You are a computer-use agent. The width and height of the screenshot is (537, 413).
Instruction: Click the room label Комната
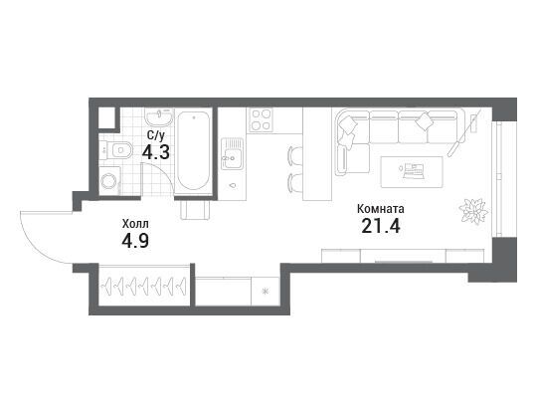coord(381,209)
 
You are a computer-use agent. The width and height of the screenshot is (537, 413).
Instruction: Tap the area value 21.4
coord(381,226)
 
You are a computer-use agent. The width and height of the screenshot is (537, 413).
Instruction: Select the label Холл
coord(135,224)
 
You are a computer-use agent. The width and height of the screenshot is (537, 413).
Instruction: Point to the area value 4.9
coord(135,241)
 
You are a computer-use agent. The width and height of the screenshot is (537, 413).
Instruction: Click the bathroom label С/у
coord(156,135)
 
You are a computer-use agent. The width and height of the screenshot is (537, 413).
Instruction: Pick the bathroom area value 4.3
coord(156,152)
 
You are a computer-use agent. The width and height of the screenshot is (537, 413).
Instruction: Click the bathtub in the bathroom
coord(194,151)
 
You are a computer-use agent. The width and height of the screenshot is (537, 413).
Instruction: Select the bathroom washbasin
coord(159,117)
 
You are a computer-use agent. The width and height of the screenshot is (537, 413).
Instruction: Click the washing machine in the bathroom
coord(109,181)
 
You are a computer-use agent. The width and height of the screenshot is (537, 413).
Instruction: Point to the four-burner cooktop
coord(261,120)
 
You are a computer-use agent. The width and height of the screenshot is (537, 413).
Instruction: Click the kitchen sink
coord(232,153)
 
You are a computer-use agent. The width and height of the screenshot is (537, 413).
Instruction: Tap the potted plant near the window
coord(473,211)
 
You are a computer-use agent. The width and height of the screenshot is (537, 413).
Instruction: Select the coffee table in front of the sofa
coord(412,172)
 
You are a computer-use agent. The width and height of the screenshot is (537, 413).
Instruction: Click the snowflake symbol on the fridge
coord(265,292)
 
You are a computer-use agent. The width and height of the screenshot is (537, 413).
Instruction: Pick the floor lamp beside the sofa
coord(465,132)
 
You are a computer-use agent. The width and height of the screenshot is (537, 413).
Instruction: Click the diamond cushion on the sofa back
coord(424,121)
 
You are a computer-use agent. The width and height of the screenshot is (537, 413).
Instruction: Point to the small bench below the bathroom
coord(195,210)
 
